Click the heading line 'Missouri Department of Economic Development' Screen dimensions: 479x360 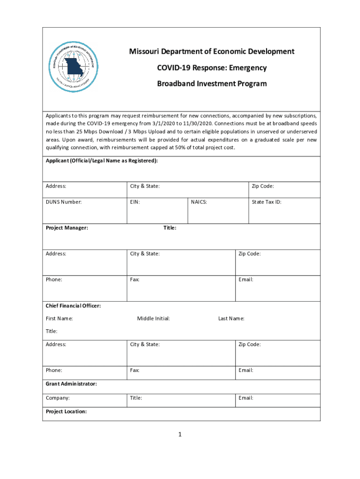[211, 51]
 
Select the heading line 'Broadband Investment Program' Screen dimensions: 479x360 [211, 84]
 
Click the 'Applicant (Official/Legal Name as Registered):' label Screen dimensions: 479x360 [101, 161]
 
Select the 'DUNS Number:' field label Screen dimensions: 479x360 [64, 202]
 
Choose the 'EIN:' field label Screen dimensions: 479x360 [135, 202]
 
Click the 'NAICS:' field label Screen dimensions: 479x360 [199, 202]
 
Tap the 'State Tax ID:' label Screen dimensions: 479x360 [266, 202]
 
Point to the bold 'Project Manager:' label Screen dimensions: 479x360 [67, 228]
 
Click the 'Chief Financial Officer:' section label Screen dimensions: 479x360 [73, 306]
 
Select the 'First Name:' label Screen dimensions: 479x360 [59, 319]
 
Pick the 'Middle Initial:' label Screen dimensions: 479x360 [153, 319]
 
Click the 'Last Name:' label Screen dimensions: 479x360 [231, 319]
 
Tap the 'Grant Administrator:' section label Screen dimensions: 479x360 [71, 384]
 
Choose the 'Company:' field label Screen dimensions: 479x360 [58, 398]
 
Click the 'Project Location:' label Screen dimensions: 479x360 [66, 412]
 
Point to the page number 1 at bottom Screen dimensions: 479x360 [180, 435]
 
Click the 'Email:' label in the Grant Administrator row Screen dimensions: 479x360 [245, 398]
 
